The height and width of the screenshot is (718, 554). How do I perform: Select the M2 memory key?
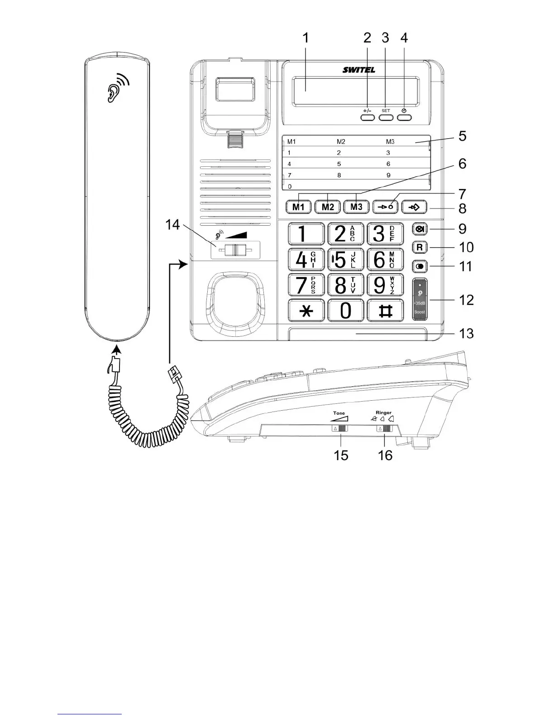(x=328, y=207)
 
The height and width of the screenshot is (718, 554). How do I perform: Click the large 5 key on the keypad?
(x=345, y=260)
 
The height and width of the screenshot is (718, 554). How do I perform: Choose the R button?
(x=420, y=247)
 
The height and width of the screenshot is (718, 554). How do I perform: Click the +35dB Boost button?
(x=420, y=299)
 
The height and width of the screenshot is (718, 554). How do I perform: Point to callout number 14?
(x=172, y=224)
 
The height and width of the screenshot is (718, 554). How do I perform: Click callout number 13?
(x=466, y=334)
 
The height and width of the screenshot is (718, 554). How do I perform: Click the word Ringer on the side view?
(x=383, y=413)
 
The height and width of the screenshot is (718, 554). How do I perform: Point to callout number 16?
(x=385, y=455)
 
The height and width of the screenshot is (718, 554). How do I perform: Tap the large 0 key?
(x=345, y=311)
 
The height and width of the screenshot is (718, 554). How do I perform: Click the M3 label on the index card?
(x=390, y=142)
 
